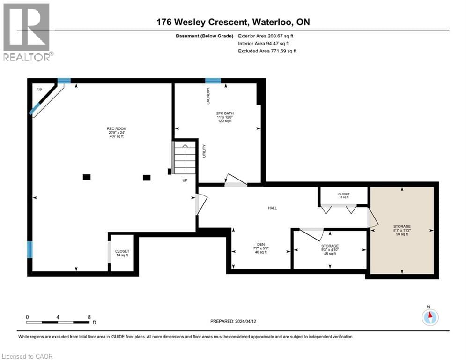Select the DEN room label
(x=260, y=248)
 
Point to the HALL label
(x=272, y=208)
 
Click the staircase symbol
(x=184, y=157)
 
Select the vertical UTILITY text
(x=204, y=151)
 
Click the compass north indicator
(x=429, y=316)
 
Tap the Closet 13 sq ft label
(x=344, y=195)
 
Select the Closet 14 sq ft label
(x=122, y=254)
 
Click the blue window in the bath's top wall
(x=213, y=81)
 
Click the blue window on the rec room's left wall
(x=30, y=249)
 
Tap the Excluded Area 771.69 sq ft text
(x=267, y=51)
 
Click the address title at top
(x=233, y=22)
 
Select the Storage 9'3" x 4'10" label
(x=330, y=248)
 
